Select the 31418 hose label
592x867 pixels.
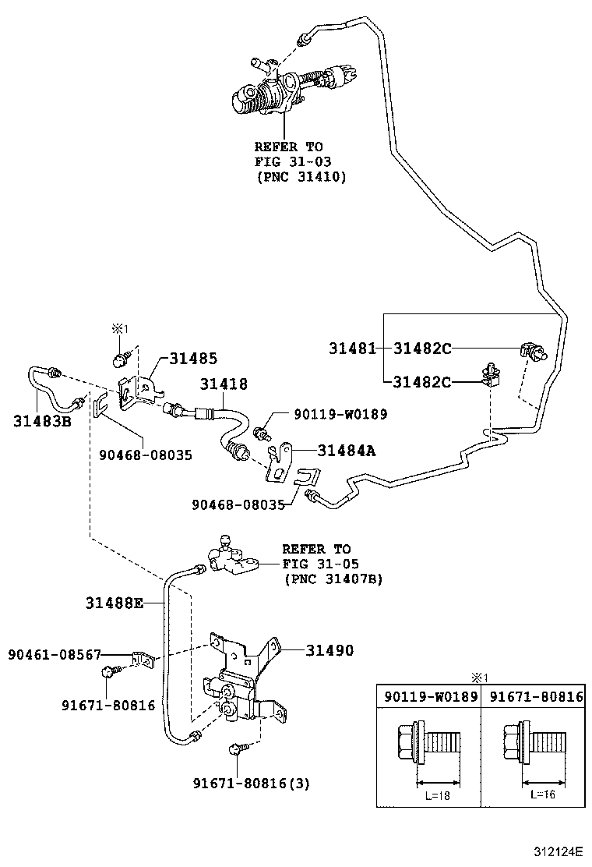[224, 384]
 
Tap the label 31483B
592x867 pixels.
[42, 421]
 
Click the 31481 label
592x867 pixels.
[351, 349]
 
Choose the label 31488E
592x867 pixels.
[115, 602]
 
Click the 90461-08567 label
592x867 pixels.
[55, 656]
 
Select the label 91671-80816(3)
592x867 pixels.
[252, 784]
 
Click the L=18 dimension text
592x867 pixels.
[438, 794]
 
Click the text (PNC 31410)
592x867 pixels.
[301, 178]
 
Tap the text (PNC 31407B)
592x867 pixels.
[333, 579]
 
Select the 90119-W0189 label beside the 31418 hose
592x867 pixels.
[340, 414]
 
